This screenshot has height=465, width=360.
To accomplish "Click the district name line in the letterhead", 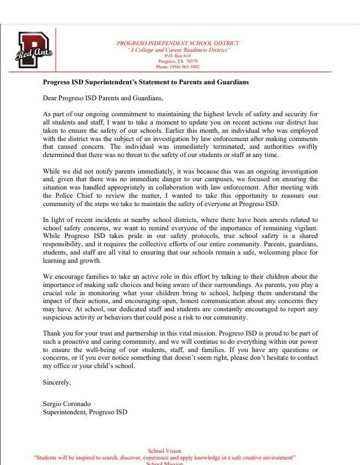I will point(178,43).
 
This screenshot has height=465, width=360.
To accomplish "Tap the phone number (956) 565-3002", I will point(178,67).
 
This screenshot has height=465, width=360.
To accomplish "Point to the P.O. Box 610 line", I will point(178,56).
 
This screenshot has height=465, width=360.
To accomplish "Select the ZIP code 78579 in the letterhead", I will point(190,61).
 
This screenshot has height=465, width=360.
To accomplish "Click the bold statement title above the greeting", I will point(146,82).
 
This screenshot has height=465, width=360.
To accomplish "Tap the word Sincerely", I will point(57,381).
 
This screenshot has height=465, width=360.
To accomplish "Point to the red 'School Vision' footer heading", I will point(164,451).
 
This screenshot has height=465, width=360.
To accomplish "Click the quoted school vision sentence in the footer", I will point(164,458).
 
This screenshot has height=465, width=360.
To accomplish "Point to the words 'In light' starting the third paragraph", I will point(55,220).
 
